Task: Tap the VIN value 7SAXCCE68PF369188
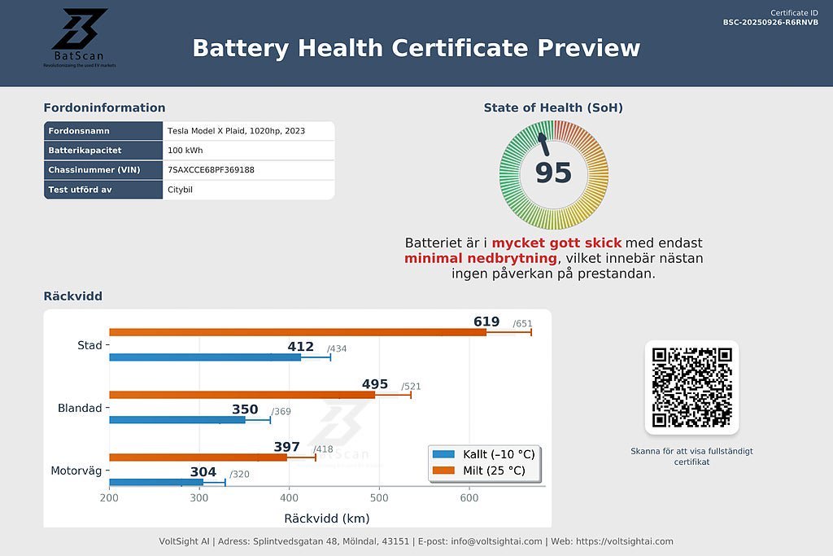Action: [211, 170]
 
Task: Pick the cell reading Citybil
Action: [180, 190]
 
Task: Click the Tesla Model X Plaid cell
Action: [236, 131]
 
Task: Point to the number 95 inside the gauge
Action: [553, 173]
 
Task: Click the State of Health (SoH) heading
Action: [553, 107]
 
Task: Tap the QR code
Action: [691, 387]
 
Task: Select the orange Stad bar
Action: [297, 332]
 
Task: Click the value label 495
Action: [375, 384]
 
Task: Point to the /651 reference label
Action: [522, 324]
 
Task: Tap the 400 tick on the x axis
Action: [289, 498]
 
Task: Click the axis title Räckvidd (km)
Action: [326, 518]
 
